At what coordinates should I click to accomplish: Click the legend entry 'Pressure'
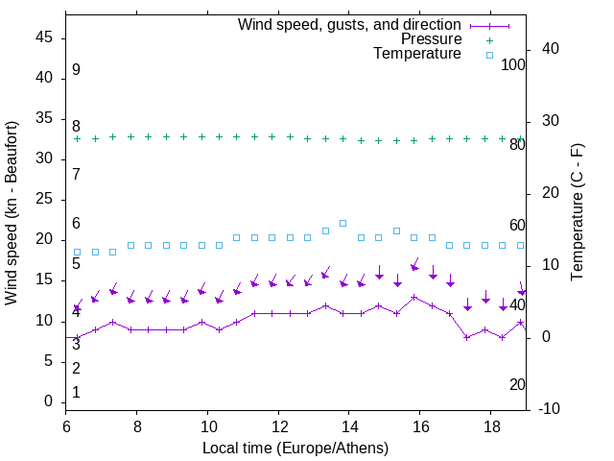(431, 39)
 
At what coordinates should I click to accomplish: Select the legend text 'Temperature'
(417, 55)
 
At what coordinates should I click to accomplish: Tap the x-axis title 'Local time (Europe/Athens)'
(295, 449)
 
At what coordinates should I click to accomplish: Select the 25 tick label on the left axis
(44, 200)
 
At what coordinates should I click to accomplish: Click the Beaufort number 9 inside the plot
(76, 70)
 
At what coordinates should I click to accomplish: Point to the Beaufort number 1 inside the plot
(76, 392)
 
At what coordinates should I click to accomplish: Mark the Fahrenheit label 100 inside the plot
(513, 64)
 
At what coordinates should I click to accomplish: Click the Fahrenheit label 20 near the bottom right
(517, 384)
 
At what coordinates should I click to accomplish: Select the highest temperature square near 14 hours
(343, 223)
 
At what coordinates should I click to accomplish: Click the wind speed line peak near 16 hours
(413, 298)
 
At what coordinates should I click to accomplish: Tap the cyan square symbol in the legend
(489, 55)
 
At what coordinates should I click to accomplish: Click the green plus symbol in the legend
(489, 39)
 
